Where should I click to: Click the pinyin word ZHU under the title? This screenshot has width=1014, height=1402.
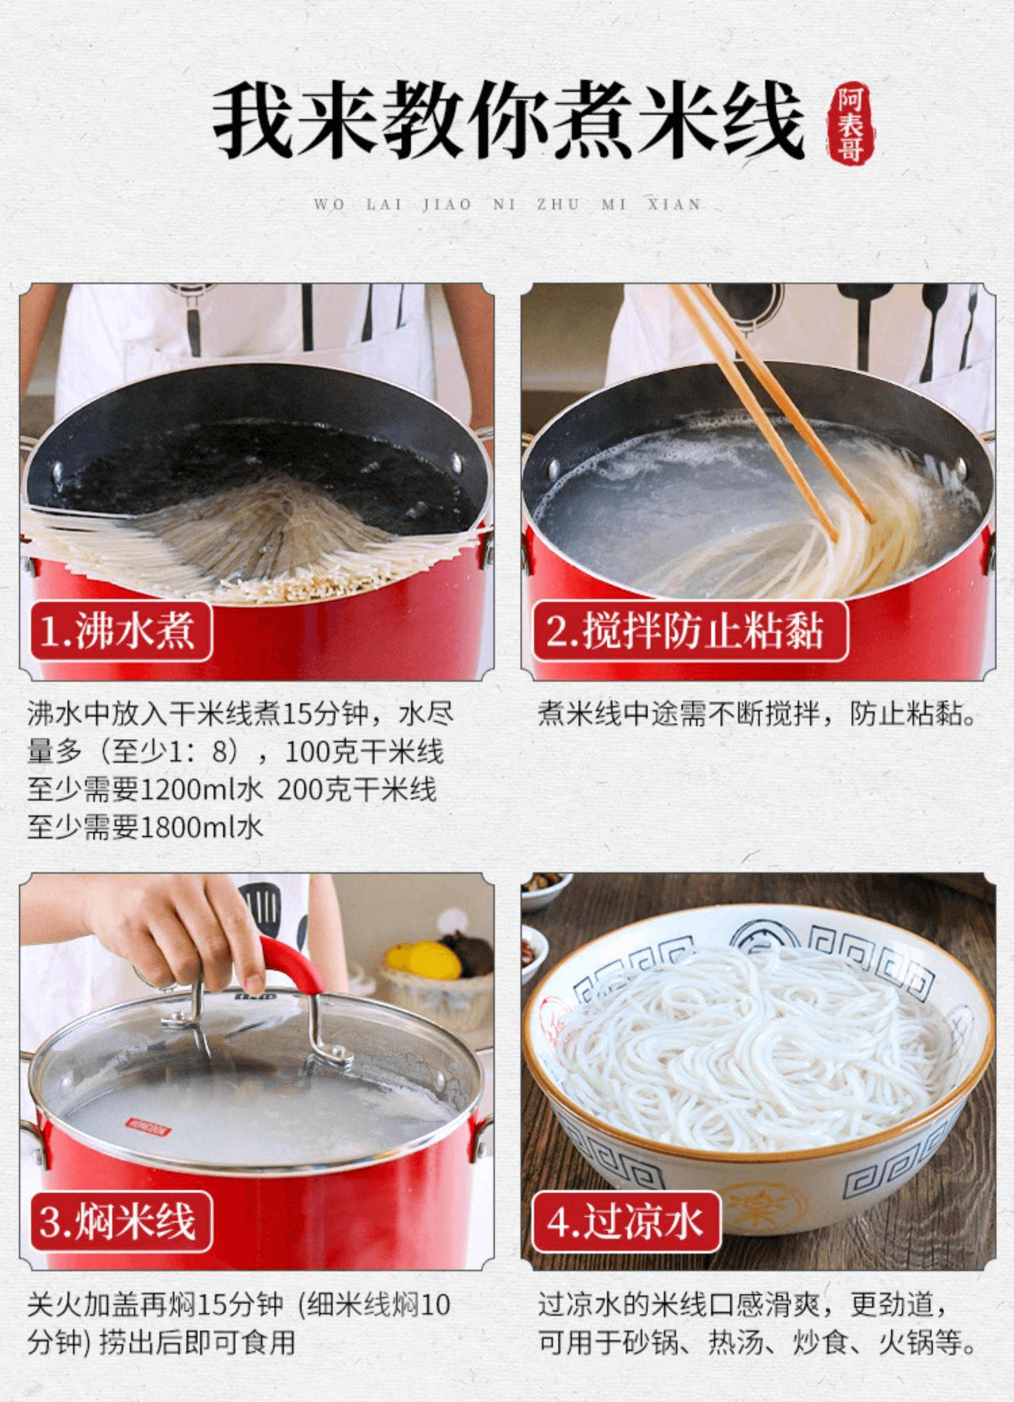558,204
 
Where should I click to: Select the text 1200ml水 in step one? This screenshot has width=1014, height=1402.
201,789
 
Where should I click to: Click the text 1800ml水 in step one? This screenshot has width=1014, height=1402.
201,827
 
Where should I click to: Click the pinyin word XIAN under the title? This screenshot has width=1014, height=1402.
674,204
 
